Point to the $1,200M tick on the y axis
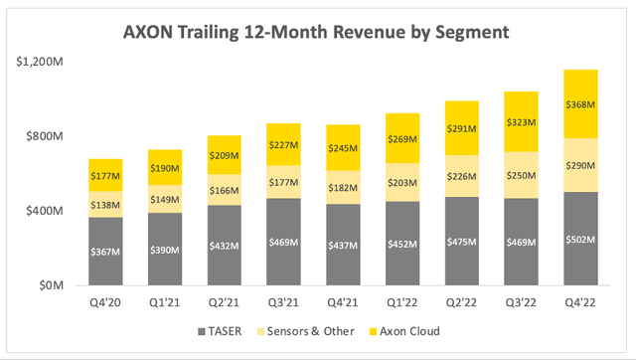point(40,61)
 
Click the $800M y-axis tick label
point(45,136)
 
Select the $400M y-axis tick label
point(45,211)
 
